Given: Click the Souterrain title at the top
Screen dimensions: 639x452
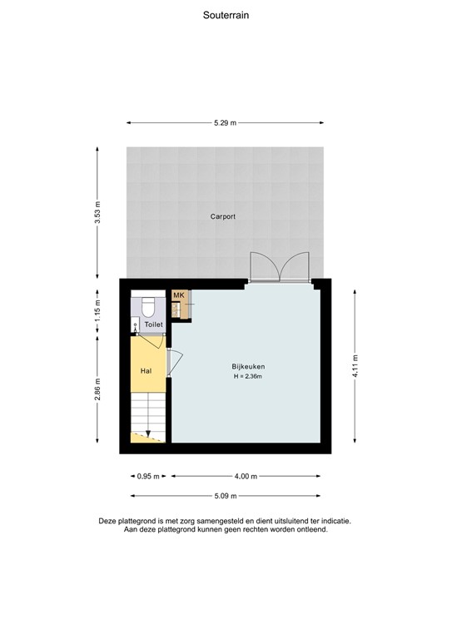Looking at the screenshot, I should pos(226,15).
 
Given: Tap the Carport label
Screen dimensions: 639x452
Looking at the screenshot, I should pos(222,216).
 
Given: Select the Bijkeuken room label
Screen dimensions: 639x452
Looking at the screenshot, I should pos(248,367).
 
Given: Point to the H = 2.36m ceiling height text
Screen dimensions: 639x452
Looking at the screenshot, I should pos(248,377).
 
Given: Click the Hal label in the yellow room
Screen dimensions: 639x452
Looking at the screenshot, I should pos(146,371).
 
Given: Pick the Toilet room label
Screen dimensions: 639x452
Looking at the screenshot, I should pos(153,324).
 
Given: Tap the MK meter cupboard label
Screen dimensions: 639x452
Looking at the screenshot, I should pos(178,295).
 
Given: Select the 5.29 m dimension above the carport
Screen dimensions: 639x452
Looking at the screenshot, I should pos(225,123).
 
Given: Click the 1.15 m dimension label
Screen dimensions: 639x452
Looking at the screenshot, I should pos(97,310).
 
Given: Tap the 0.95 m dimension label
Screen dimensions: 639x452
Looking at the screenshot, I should pos(146,477).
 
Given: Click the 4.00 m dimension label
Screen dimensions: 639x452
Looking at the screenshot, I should pos(246,477).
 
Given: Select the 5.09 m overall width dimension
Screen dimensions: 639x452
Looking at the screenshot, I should pos(225,496).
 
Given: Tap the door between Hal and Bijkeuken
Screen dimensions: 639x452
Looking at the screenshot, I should pos(173,363).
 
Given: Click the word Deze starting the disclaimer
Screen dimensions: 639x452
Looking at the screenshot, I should pos(110,521).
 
